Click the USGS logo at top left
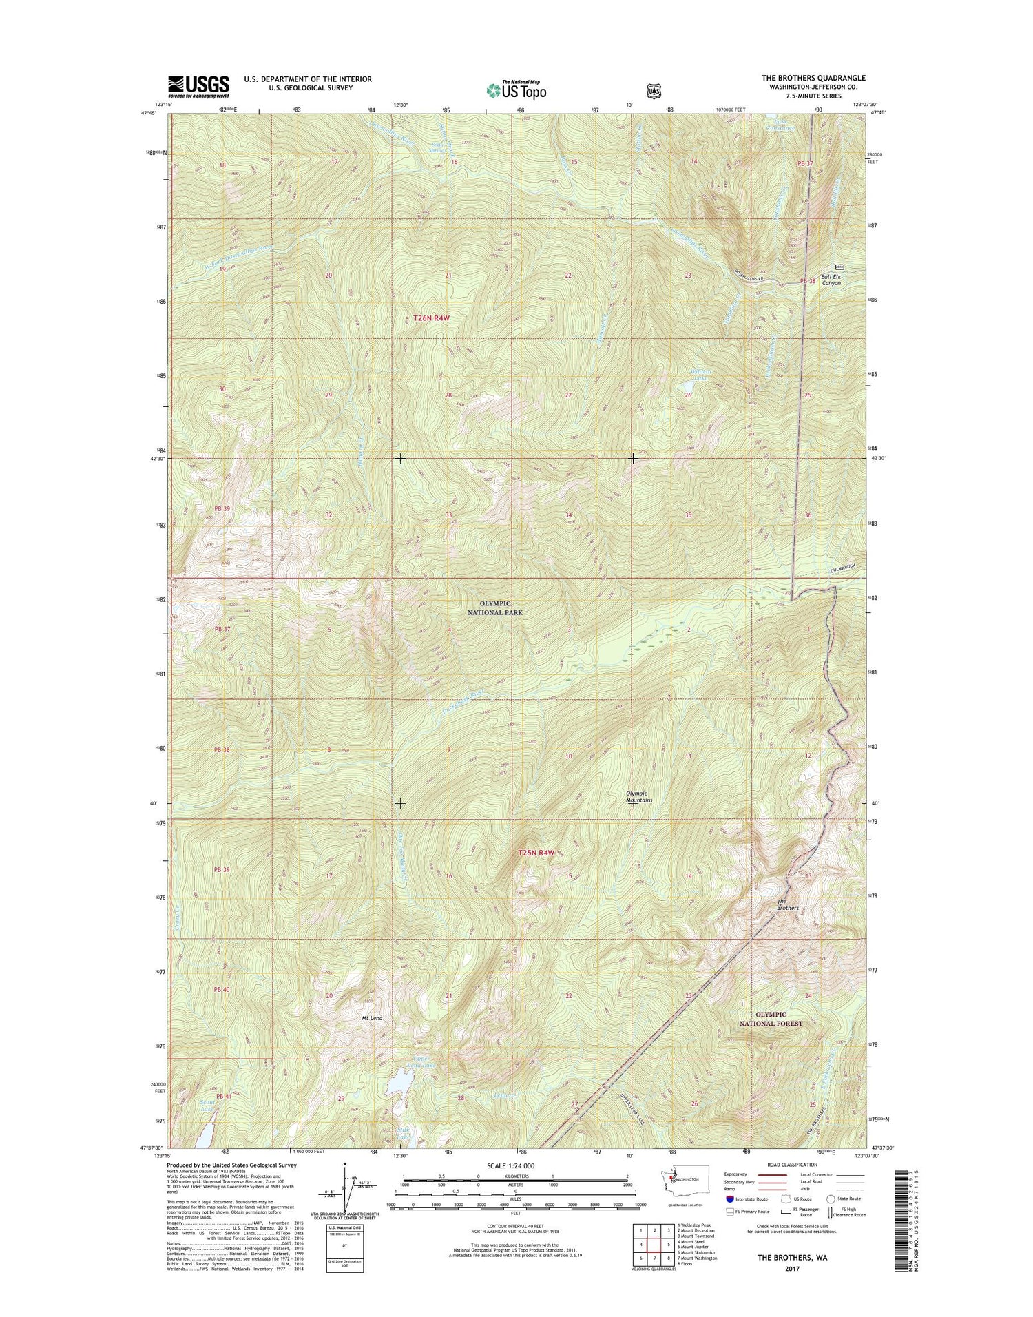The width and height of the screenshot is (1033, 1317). tap(198, 85)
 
